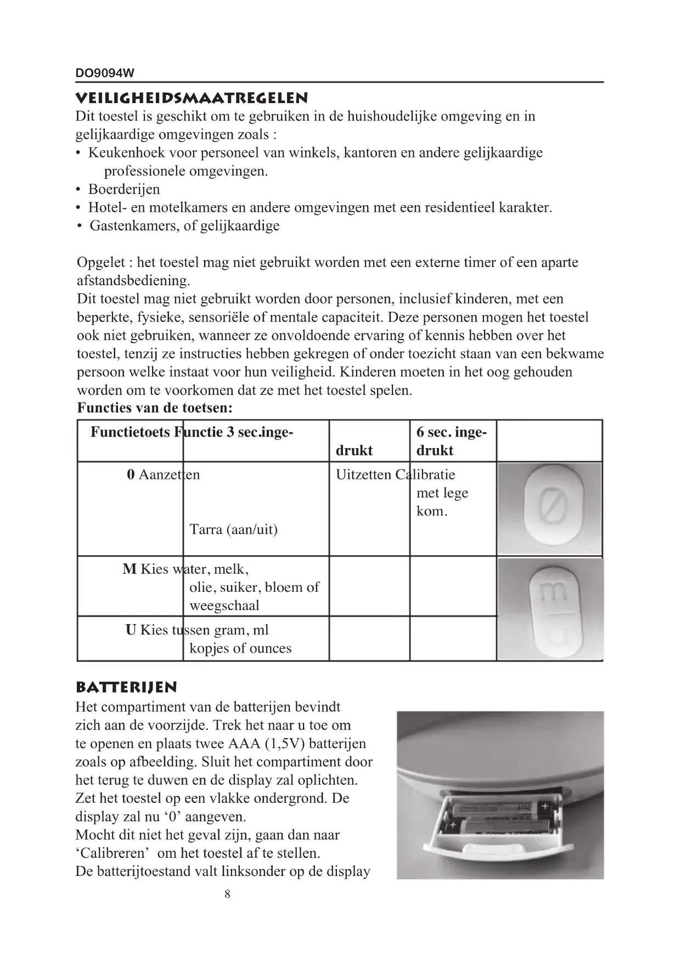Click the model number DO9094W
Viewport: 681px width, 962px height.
105,73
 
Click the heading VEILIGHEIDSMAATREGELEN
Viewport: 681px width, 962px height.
192,99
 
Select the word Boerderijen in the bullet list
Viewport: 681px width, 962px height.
125,189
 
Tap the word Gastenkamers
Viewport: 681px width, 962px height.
133,226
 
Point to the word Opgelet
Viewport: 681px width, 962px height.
100,263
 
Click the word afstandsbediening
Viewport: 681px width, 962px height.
133,281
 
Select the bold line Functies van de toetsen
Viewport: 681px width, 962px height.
155,408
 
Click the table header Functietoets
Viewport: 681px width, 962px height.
131,432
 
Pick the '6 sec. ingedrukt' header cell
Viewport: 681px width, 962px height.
451,441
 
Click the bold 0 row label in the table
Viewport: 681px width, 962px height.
131,475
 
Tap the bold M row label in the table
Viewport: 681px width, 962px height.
130,569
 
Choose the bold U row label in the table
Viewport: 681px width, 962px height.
131,630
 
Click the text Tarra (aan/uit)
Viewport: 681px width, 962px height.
233,530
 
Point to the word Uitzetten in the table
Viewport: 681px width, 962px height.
363,475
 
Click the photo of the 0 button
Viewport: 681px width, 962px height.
549,509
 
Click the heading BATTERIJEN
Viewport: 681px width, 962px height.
126,688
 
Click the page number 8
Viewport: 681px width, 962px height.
228,895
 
